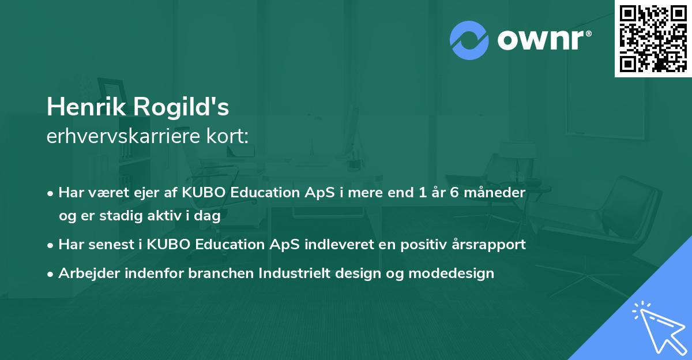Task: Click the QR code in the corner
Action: tap(653, 38)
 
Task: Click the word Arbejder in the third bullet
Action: tap(85, 273)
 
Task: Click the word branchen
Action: tap(215, 273)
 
